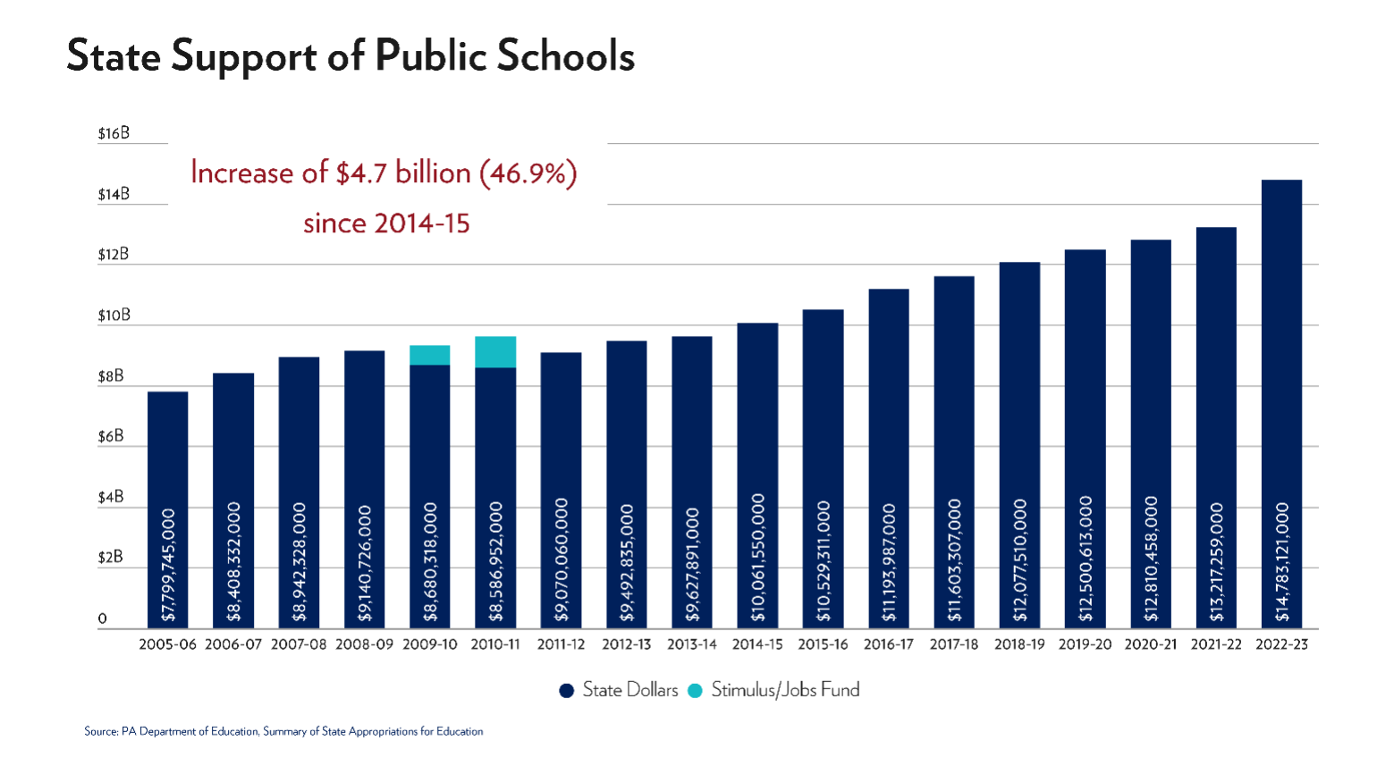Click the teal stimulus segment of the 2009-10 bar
coord(429,355)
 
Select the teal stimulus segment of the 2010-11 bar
coord(494,352)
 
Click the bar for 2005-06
coord(167,447)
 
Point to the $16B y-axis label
coord(114,133)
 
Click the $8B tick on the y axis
coord(111,376)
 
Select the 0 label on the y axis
coord(102,619)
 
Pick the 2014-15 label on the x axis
coord(756,644)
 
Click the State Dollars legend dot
coord(566,691)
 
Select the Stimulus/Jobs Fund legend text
coord(785,690)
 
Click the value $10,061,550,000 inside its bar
coord(758,558)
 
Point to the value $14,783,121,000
coord(1282,562)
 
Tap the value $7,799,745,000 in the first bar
coord(168,565)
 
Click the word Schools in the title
coord(565,55)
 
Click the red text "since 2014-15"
coord(386,223)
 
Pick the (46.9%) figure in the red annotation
coord(528,173)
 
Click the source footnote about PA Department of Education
coord(283,731)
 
